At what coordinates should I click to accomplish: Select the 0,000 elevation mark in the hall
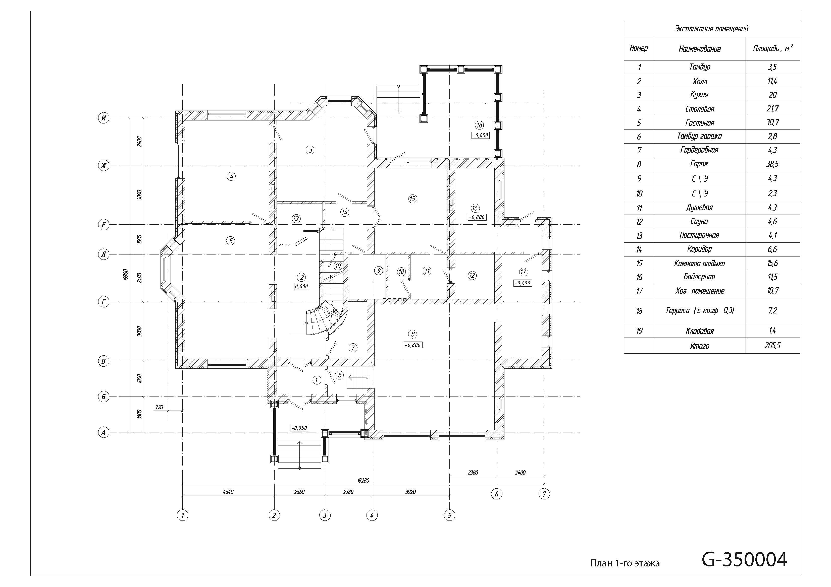click(x=301, y=286)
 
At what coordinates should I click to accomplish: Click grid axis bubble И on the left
click(x=104, y=118)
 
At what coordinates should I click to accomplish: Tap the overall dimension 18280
click(x=363, y=481)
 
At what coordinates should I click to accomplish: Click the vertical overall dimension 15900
click(x=126, y=275)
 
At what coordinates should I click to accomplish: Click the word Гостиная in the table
click(x=700, y=123)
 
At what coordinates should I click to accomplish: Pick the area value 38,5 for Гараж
click(x=772, y=164)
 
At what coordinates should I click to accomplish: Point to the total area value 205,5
click(x=772, y=346)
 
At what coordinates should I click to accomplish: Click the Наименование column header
click(x=700, y=49)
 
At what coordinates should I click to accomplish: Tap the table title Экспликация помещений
click(x=711, y=29)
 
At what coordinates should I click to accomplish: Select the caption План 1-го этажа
click(x=625, y=563)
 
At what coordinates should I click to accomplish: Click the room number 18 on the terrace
click(x=480, y=125)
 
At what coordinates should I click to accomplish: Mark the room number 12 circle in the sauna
click(x=472, y=275)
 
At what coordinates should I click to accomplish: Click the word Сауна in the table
click(x=699, y=221)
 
